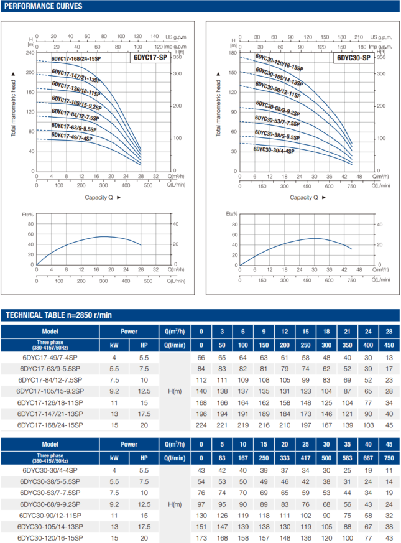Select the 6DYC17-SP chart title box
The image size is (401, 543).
(150, 58)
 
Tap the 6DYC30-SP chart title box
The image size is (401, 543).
(354, 58)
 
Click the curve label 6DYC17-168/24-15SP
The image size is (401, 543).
(76, 59)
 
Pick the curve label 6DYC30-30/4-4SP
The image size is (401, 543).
(274, 150)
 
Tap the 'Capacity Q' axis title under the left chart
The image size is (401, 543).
(103, 197)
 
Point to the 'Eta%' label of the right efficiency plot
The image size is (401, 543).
(232, 215)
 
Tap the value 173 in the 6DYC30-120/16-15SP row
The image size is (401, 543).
(201, 537)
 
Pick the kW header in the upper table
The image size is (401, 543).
(114, 345)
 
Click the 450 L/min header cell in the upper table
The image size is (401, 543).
(389, 345)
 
